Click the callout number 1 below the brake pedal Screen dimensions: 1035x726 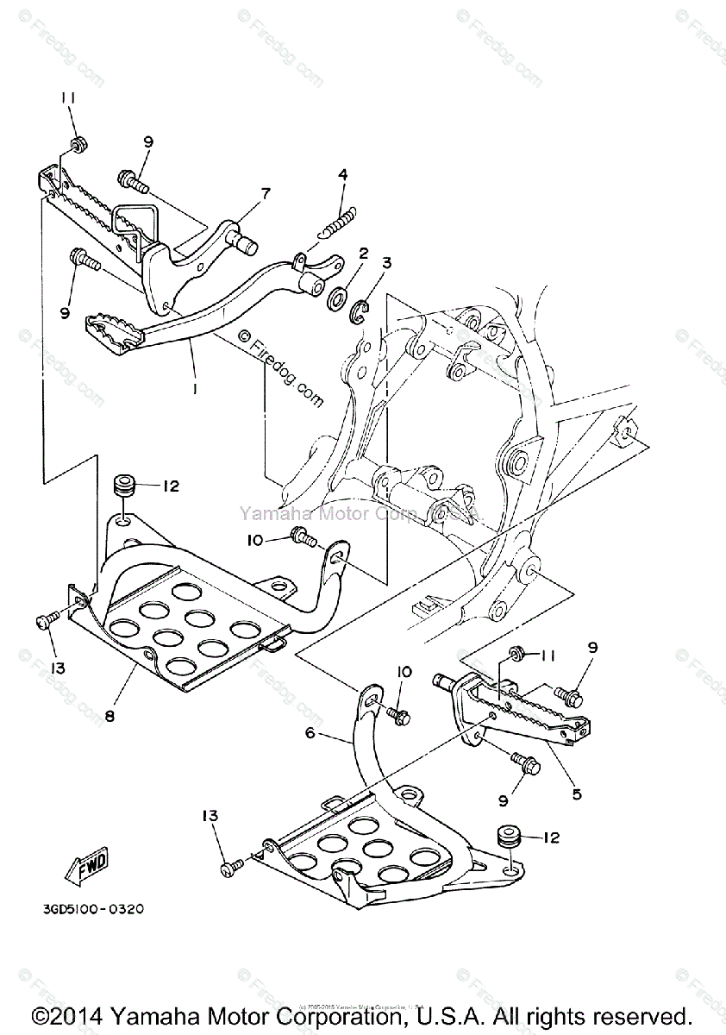[x=195, y=390]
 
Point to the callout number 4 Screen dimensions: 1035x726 [x=343, y=175]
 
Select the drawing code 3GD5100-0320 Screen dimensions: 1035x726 [x=91, y=908]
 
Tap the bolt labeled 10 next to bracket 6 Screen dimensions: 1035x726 [x=398, y=714]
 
